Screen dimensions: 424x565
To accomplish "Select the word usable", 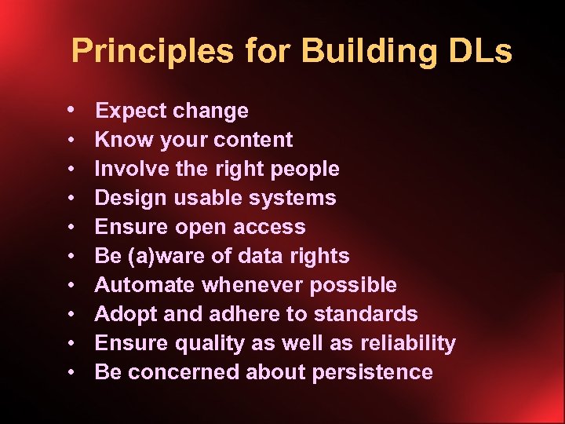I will (206, 198).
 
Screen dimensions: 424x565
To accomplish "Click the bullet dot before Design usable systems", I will (71, 198).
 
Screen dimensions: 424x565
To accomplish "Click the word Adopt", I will (123, 314).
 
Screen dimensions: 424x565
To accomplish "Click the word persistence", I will (372, 372).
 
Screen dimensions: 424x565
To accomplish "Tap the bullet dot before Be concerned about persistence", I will (71, 372).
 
